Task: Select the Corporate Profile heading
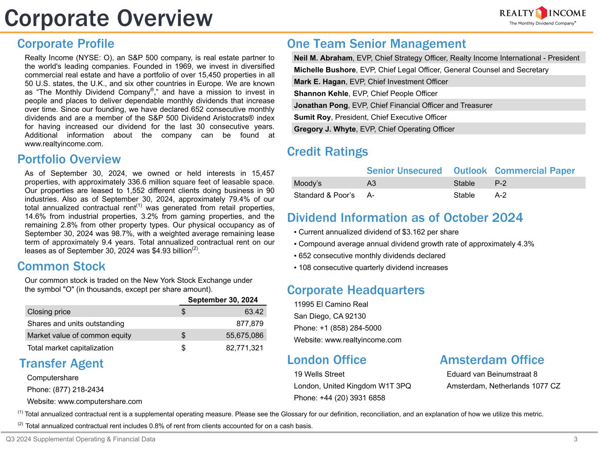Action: (x=65, y=44)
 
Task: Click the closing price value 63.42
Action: (x=254, y=312)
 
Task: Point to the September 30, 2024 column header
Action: (x=222, y=300)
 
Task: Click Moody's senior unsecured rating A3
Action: (x=371, y=183)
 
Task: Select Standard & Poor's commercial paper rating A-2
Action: (x=500, y=195)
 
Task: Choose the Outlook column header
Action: (x=470, y=171)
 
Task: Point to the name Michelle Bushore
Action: (x=324, y=70)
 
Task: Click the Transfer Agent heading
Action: (x=61, y=363)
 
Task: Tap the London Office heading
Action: (x=326, y=360)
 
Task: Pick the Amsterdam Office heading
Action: (x=491, y=360)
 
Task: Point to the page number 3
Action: (x=588, y=439)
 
